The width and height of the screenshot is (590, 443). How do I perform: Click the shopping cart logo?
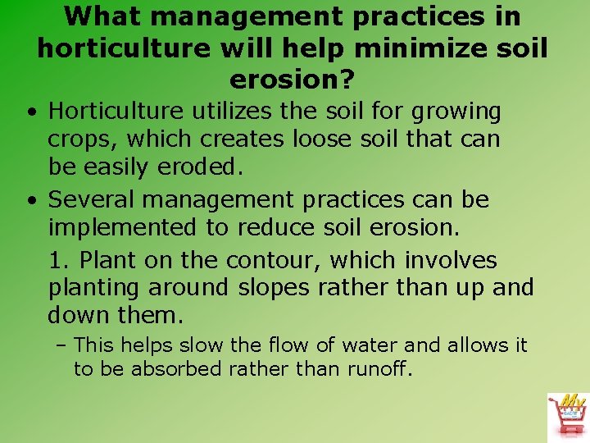click(566, 415)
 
